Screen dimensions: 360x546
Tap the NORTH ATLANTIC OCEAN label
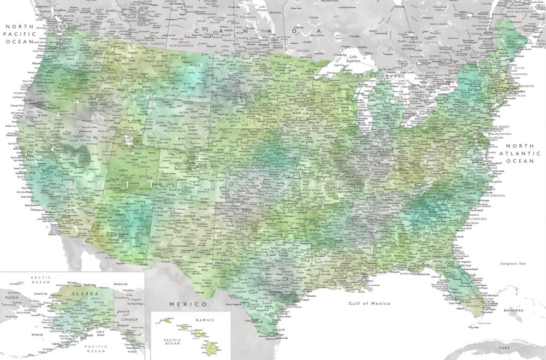point(526,154)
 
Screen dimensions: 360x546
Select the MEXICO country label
point(187,304)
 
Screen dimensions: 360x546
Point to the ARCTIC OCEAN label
point(41,280)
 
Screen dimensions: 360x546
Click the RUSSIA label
point(12,298)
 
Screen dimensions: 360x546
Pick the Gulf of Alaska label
point(100,333)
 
